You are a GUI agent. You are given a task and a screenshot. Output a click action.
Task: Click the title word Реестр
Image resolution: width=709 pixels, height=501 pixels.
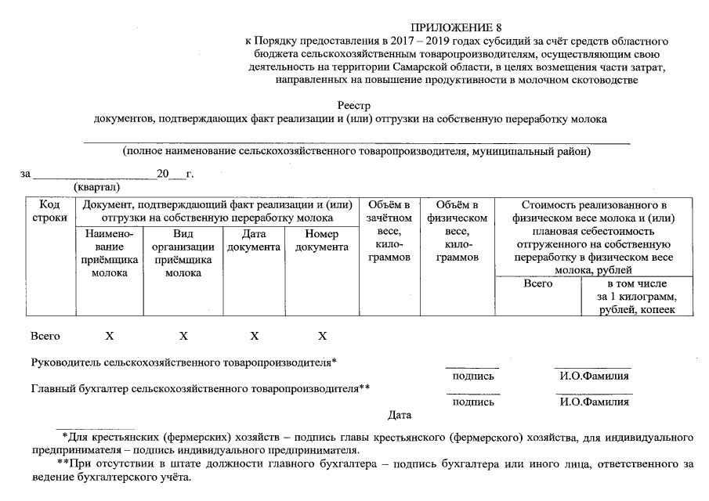353,105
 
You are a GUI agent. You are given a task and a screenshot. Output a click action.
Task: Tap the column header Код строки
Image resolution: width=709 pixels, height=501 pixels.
49,211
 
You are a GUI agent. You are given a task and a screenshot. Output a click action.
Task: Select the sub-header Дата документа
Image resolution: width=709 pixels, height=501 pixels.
254,240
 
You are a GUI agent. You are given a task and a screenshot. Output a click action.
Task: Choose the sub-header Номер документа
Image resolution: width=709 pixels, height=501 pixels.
321,240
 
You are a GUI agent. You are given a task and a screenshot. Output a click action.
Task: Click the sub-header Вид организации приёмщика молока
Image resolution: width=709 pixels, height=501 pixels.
183,253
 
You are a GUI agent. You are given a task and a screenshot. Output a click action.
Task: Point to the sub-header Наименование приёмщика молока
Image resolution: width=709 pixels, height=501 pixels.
110,253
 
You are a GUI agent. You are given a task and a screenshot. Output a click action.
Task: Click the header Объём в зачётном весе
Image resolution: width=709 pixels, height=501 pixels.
389,231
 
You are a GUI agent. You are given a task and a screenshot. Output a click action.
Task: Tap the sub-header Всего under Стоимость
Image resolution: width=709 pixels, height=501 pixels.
538,283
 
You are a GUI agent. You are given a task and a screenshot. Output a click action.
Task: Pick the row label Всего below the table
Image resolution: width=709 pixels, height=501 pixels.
45,336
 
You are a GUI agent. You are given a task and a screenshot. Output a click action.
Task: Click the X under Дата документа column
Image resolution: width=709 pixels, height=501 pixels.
254,336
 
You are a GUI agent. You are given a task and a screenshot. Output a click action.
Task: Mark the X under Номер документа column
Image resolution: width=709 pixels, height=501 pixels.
322,336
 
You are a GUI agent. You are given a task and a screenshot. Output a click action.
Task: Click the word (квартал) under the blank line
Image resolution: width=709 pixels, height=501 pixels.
96,188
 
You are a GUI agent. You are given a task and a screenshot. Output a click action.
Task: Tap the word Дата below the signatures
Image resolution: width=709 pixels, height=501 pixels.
399,415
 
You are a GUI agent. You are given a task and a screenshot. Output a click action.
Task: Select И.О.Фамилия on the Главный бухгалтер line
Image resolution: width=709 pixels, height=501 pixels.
594,402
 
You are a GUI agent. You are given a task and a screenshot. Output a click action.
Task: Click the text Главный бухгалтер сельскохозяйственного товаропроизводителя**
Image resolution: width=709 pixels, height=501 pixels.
200,387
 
